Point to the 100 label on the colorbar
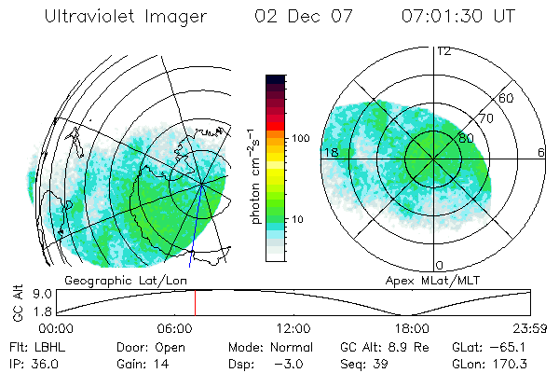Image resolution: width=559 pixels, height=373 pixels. (299, 138)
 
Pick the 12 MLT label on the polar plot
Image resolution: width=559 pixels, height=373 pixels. (443, 51)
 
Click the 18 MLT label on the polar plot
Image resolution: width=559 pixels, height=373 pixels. (330, 152)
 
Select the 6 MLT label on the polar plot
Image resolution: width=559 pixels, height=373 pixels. (541, 152)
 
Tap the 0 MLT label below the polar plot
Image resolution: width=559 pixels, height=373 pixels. (440, 266)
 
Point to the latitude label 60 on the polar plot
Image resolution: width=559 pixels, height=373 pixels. (506, 98)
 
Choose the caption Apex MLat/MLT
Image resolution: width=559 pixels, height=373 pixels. (431, 279)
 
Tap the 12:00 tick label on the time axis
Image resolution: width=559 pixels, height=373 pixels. (293, 329)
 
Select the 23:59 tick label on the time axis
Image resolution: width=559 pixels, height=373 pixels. (530, 329)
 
